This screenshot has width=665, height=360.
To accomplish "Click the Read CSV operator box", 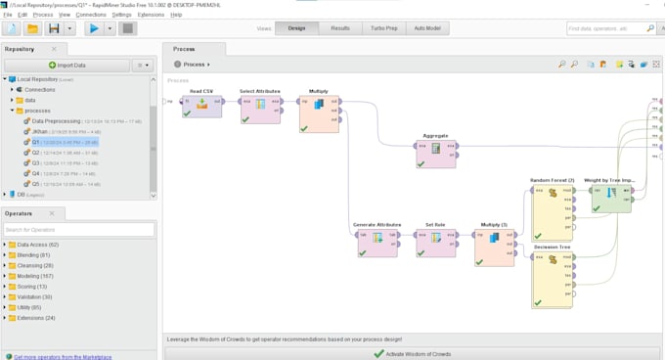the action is coord(201,107).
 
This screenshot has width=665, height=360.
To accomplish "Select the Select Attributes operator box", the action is coord(260,107).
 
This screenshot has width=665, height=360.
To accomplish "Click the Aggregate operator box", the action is coord(435,150).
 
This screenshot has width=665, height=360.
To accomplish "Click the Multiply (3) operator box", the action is coord(494,245).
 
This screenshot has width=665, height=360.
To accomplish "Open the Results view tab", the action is coord(340,28).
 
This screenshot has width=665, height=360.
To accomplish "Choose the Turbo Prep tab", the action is coord(384,28).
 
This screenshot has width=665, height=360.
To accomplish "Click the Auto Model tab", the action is coord(427,28).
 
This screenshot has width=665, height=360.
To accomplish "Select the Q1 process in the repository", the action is coord(36,142).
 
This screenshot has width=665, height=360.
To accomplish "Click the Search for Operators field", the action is coord(78,230).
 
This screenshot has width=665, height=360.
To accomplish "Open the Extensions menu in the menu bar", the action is coord(151,15).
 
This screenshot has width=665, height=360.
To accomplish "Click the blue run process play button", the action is coord(94,29).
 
